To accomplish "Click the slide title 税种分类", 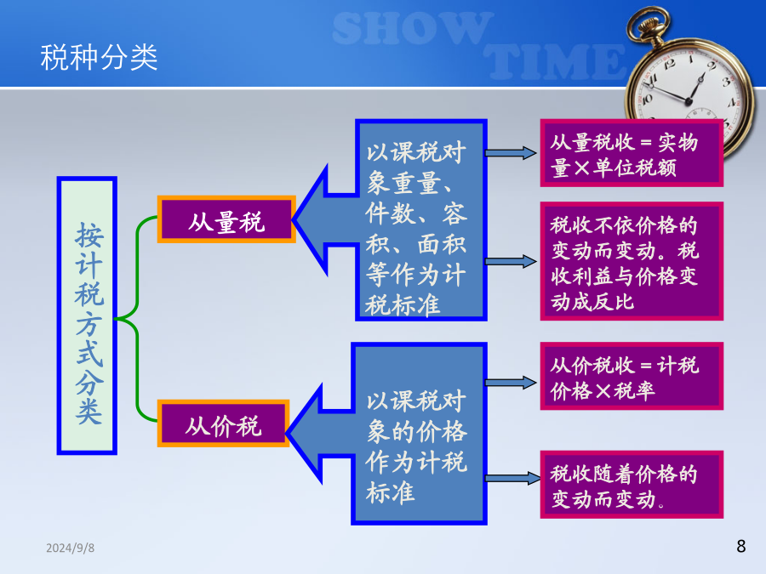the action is coord(99,57).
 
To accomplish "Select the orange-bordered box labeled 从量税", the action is coord(226,219).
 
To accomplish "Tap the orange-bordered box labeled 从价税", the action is coord(223,423).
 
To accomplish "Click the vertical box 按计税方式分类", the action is coord(87,315).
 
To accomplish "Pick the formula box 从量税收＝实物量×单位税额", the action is coord(632,153).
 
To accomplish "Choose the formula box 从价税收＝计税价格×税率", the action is coord(632,376).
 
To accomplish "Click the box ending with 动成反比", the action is coord(632,261).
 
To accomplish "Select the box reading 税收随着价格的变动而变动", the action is coord(632,485).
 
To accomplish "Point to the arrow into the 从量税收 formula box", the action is coord(511,153).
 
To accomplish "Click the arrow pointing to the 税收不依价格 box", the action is coord(511,261).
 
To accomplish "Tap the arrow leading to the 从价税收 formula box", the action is coord(511,382).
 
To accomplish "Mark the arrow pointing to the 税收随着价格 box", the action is coord(513,478).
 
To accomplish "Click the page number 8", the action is coord(741,546).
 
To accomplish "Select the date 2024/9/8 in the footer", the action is coord(71,548).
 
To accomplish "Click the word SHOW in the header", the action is coord(413,28).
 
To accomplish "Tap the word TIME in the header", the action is coord(554,61).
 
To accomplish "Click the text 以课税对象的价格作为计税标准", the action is coord(417,446).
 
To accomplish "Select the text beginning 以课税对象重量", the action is coord(417,229).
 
